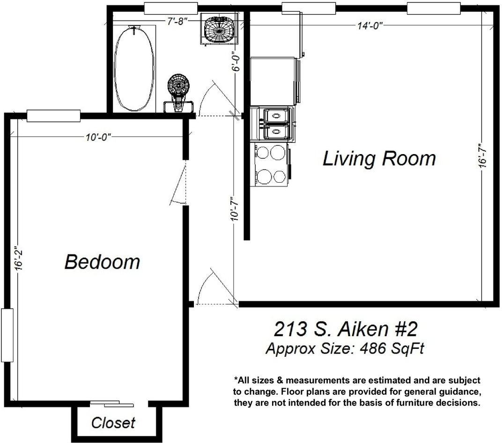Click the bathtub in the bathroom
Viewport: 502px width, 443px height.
[x=134, y=68]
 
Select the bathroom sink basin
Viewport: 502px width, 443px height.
[x=219, y=30]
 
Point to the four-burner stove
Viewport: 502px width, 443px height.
[x=272, y=164]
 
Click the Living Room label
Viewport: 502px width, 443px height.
[x=379, y=159]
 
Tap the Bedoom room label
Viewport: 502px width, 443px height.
[x=102, y=261]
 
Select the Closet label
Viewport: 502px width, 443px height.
[x=113, y=423]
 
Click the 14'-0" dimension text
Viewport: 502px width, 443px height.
[x=369, y=26]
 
